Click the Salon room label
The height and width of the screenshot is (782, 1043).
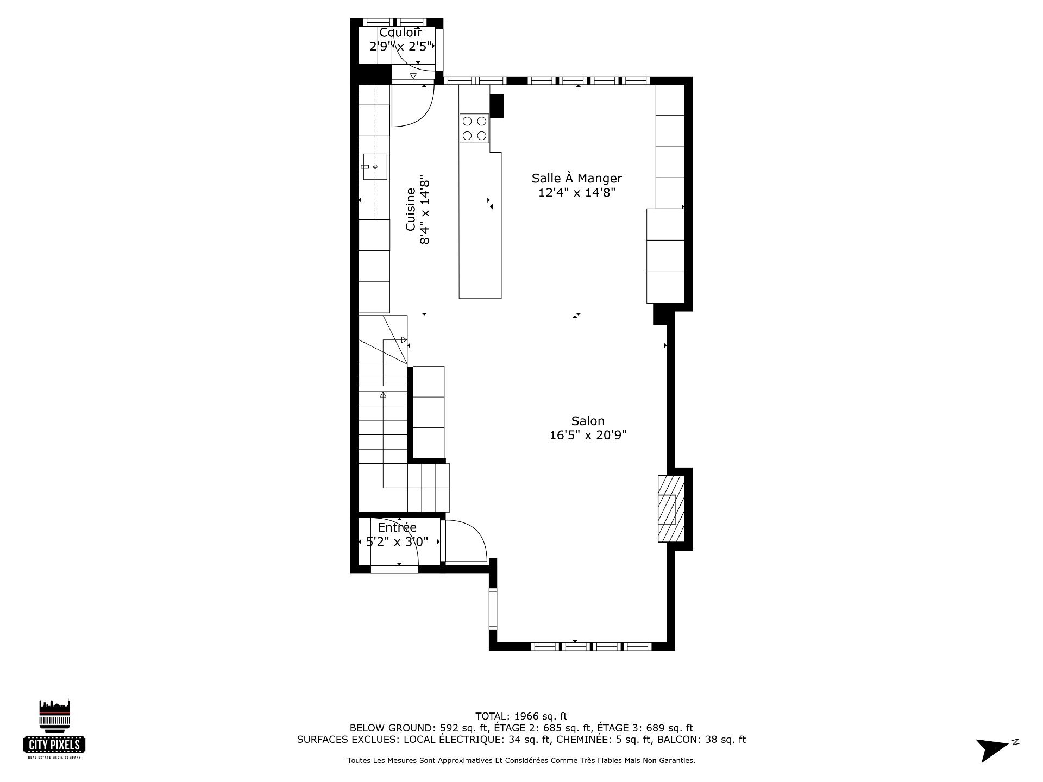[x=588, y=421]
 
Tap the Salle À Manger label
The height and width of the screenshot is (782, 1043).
[x=576, y=178]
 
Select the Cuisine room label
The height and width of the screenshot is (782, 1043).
[x=411, y=209]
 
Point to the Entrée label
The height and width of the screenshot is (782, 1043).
[x=397, y=527]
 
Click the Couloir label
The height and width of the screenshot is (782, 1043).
[x=400, y=33]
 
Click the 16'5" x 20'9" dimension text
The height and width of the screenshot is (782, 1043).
[x=588, y=435]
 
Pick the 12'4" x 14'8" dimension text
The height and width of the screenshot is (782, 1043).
[x=576, y=192]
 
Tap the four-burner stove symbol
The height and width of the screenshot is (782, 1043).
[x=474, y=128]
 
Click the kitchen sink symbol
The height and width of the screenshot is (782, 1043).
[x=375, y=167]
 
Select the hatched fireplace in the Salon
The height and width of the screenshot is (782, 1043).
[x=671, y=509]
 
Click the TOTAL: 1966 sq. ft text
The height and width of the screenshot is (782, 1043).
[x=521, y=716]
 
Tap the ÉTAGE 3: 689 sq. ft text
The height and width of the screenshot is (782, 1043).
[x=645, y=728]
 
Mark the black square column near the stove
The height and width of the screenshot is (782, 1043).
[x=497, y=106]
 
